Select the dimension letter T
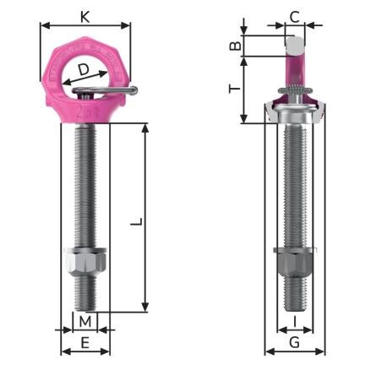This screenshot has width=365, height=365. pyautogui.click(x=236, y=85)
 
